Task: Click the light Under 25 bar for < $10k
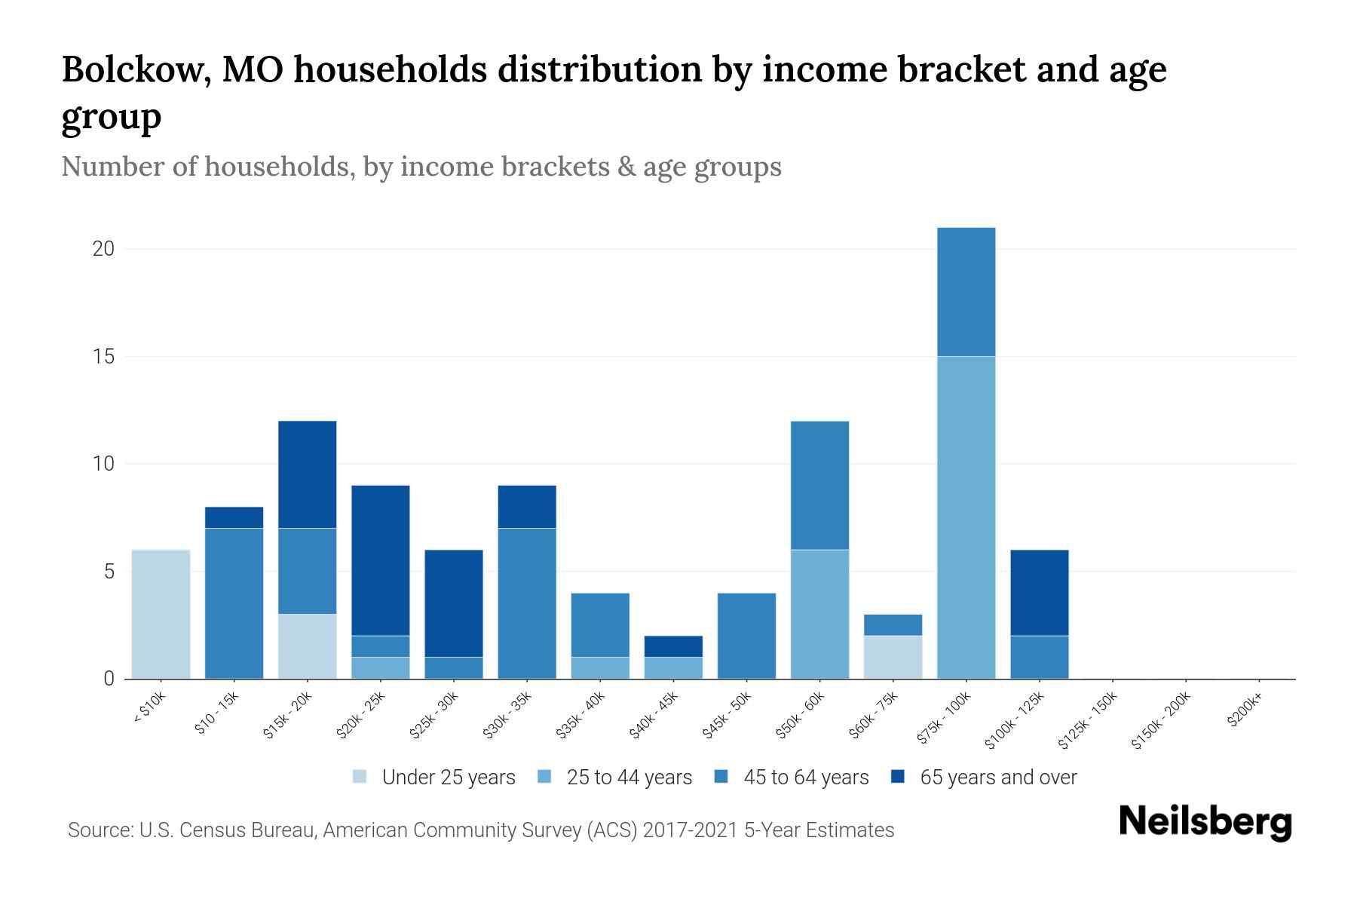click(x=161, y=614)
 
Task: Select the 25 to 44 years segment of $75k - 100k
click(x=966, y=517)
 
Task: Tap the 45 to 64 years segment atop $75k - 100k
click(x=966, y=292)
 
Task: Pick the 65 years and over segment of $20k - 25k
click(x=381, y=560)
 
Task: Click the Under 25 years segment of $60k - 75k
click(x=893, y=657)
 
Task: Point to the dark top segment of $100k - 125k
click(x=1039, y=593)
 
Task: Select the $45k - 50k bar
click(x=746, y=636)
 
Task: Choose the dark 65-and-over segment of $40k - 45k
click(x=673, y=646)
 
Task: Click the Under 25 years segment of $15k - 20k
click(x=308, y=646)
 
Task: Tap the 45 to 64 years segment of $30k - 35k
click(x=527, y=603)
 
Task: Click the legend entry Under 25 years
click(x=448, y=778)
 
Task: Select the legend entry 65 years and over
click(x=997, y=778)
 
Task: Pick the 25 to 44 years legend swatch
click(x=544, y=777)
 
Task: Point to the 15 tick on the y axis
click(x=103, y=357)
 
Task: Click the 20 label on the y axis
click(x=103, y=249)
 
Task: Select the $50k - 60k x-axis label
click(x=801, y=716)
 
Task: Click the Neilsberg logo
click(x=1205, y=822)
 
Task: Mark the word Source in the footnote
click(x=99, y=830)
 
